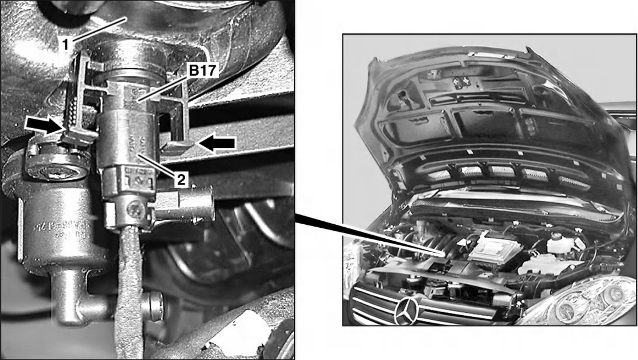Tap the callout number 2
coord(182,180)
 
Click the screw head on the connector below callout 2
coord(135,207)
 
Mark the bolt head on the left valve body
coord(57,172)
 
